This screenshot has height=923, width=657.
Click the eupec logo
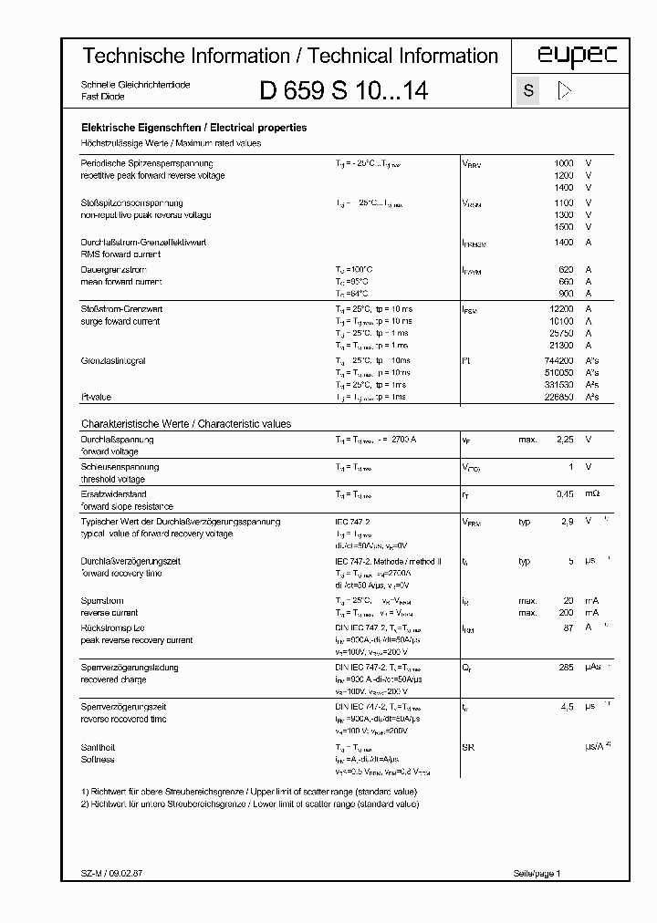pyautogui.click(x=563, y=56)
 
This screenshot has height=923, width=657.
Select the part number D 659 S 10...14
pyautogui.click(x=344, y=90)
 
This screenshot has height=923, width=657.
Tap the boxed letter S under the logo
pyautogui.click(x=528, y=90)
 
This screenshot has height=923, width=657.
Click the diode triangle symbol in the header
pyautogui.click(x=564, y=90)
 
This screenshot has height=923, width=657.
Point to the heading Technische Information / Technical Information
pyautogui.click(x=290, y=56)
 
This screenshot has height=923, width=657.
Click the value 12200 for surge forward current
pyautogui.click(x=561, y=309)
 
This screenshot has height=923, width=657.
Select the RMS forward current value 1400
pyautogui.click(x=564, y=243)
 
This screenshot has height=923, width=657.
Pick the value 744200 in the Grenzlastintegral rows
pyautogui.click(x=558, y=361)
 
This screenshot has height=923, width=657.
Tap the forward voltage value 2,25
pyautogui.click(x=565, y=440)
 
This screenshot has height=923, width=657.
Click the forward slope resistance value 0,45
pyautogui.click(x=565, y=493)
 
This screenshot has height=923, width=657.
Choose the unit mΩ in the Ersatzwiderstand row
pyautogui.click(x=592, y=493)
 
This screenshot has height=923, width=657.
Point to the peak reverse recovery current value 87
pyautogui.click(x=568, y=628)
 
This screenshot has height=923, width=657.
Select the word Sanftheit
pyautogui.click(x=99, y=747)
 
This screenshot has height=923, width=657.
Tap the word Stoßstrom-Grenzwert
pyautogui.click(x=120, y=309)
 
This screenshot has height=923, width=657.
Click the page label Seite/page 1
pyautogui.click(x=537, y=874)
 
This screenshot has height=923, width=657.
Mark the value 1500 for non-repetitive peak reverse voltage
pyautogui.click(x=564, y=227)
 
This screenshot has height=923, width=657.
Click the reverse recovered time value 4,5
pyautogui.click(x=566, y=707)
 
